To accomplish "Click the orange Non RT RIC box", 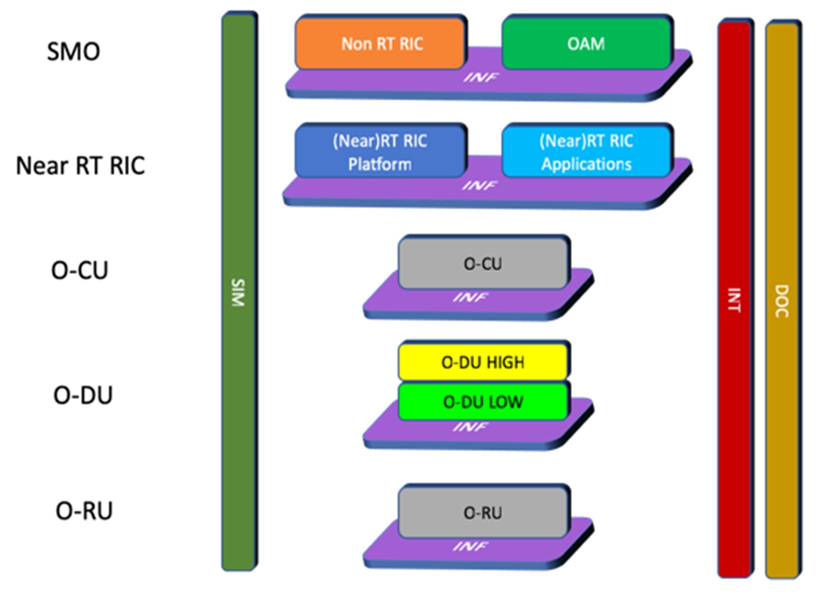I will [381, 44].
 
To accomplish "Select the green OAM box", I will [586, 44].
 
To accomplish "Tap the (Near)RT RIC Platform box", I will [380, 152].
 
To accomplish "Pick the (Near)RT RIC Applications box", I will [586, 152].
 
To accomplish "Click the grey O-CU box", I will [483, 264].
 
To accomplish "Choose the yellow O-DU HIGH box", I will [483, 362].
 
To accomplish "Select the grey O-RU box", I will [483, 513].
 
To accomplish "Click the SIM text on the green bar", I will [238, 293].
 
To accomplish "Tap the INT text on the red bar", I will [734, 300].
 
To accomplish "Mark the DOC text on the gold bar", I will [781, 301].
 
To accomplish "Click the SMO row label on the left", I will [74, 51].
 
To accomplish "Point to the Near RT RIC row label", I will [80, 166].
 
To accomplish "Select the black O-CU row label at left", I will [79, 270].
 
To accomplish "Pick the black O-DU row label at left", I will [83, 395].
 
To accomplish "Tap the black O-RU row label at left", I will [84, 511].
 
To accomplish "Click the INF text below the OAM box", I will [481, 77].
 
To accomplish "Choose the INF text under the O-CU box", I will [470, 297].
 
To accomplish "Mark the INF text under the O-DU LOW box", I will [470, 427].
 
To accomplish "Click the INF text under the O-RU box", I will [470, 546].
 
